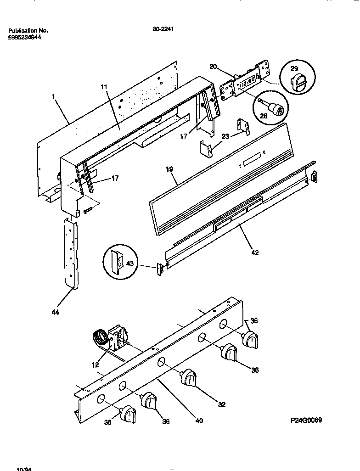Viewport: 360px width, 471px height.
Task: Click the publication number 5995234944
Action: [x=25, y=38]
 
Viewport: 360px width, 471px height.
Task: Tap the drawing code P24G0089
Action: [x=306, y=420]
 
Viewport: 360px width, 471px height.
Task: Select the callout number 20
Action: [x=213, y=67]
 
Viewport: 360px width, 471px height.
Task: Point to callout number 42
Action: [x=255, y=252]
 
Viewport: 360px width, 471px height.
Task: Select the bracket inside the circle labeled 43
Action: [x=118, y=262]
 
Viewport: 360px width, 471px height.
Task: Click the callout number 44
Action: [x=55, y=312]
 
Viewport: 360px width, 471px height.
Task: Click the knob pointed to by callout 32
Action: [x=188, y=377]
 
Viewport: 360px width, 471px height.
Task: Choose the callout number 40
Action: [x=199, y=420]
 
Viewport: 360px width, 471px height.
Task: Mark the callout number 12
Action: [x=95, y=365]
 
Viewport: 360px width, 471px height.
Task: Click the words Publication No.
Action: [x=28, y=31]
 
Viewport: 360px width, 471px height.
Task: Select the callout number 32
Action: [x=222, y=404]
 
